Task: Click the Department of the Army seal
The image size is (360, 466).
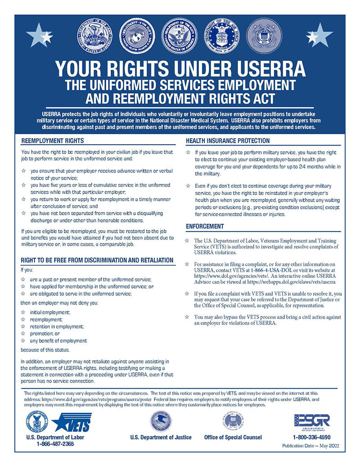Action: coord(95,36)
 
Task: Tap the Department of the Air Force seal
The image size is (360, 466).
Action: coord(222,36)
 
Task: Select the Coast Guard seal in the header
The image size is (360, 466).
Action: coord(264,36)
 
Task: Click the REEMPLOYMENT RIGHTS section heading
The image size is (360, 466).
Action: coord(53,141)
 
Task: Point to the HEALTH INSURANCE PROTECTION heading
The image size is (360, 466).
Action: coord(228,141)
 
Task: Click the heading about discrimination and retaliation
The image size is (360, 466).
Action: coord(97,260)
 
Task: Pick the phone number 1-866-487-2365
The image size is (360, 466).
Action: coord(55,443)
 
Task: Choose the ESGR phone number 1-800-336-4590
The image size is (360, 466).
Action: coord(311,437)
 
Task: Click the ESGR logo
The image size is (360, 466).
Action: coord(312,421)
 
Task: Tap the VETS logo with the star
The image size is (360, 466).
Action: coord(72,422)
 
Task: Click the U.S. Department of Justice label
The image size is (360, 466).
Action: coord(161,437)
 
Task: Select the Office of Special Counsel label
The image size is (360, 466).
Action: coord(233,437)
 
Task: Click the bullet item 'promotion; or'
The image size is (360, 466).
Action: coord(45,334)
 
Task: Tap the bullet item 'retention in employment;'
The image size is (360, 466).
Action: coord(57,326)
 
